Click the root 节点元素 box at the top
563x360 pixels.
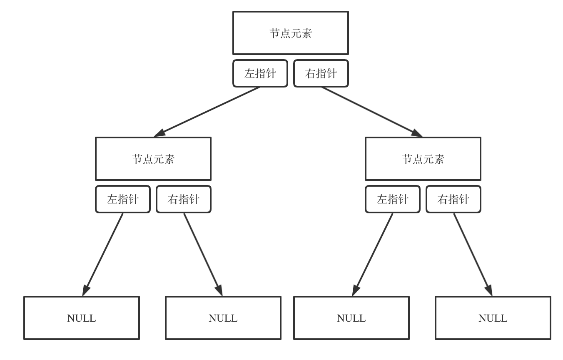tap(290, 33)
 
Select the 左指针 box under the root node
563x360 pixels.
tap(260, 73)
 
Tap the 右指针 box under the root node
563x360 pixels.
tap(321, 73)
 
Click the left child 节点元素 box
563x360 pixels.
tap(153, 159)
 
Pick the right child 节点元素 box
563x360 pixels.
tap(423, 159)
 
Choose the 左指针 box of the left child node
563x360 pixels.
tap(122, 199)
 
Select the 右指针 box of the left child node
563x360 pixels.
tap(183, 199)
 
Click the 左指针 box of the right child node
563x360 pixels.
tap(392, 199)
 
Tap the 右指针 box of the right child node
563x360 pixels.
tap(453, 199)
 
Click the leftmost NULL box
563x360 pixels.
tap(81, 318)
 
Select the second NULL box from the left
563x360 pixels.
tap(223, 318)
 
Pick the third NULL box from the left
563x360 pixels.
tap(351, 318)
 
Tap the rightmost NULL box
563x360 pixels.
tap(493, 318)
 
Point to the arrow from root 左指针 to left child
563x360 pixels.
tap(207, 112)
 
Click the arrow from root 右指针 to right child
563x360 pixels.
tap(371, 112)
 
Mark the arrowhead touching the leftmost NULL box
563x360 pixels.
tap(85, 290)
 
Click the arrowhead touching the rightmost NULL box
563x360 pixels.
tap(489, 290)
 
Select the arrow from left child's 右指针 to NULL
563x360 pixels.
tap(203, 254)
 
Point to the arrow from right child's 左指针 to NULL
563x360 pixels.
tap(373, 254)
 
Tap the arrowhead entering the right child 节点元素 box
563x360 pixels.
tap(417, 133)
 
